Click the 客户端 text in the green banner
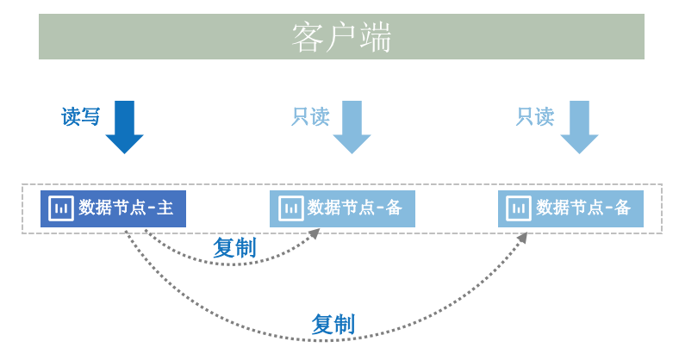tap(341, 37)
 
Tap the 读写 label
tap(80, 116)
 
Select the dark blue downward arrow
tap(124, 127)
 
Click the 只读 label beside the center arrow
tap(310, 116)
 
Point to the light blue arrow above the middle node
tap(352, 127)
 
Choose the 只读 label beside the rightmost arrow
tap(535, 116)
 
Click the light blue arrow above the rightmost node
tap(579, 127)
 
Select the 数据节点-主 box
tap(113, 208)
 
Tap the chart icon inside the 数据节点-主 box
tap(61, 208)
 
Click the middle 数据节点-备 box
tap(342, 208)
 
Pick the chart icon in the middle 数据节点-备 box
tap(290, 208)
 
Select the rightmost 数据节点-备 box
tap(570, 208)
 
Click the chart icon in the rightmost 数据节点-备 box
tap(519, 208)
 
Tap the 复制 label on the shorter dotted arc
tap(234, 247)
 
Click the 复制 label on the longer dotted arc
tap(333, 324)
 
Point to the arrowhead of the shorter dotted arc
tap(315, 233)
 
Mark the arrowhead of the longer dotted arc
tap(522, 238)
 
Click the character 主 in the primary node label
tap(165, 208)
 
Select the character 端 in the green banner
tap(376, 37)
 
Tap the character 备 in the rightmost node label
tap(622, 208)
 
